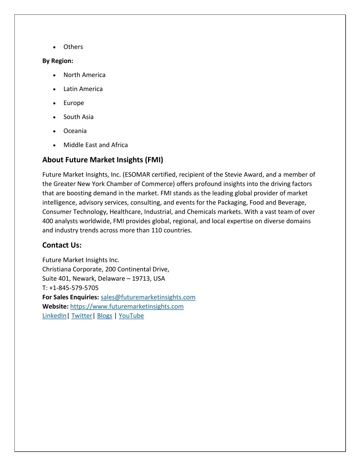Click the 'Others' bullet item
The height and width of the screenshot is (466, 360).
pyautogui.click(x=73, y=47)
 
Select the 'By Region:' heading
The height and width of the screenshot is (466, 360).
pyautogui.click(x=58, y=61)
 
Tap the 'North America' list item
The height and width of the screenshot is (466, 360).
pyautogui.click(x=84, y=75)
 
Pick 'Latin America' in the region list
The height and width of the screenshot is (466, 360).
pyautogui.click(x=83, y=89)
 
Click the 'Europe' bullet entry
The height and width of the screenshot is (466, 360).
pyautogui.click(x=73, y=103)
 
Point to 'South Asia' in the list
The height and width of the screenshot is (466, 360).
pyautogui.click(x=78, y=117)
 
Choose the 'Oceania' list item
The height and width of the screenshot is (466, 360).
pyautogui.click(x=75, y=131)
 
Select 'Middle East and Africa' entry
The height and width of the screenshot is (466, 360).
pyautogui.click(x=96, y=145)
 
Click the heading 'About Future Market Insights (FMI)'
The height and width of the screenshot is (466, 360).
pyautogui.click(x=103, y=160)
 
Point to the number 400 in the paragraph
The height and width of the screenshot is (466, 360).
pyautogui.click(x=48, y=221)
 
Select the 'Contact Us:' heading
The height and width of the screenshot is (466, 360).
pyautogui.click(x=62, y=245)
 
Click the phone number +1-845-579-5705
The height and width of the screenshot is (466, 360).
pyautogui.click(x=74, y=288)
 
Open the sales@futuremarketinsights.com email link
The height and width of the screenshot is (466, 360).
pyautogui.click(x=148, y=297)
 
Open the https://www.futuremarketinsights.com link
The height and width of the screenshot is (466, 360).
pyautogui.click(x=127, y=306)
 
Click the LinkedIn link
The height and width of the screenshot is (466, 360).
pyautogui.click(x=54, y=316)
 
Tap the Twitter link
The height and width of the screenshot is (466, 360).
pyautogui.click(x=82, y=316)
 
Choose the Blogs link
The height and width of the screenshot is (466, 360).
pyautogui.click(x=104, y=316)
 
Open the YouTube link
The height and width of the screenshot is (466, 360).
pyautogui.click(x=131, y=316)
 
